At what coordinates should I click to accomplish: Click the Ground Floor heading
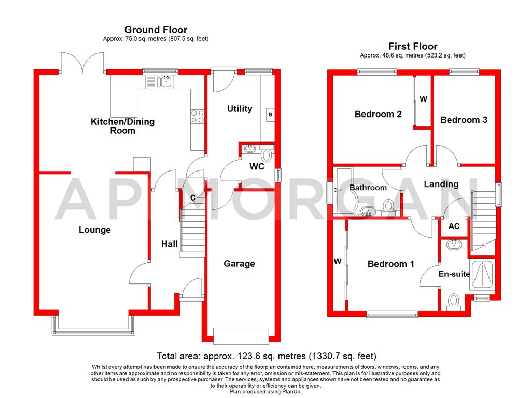pyautogui.click(x=156, y=30)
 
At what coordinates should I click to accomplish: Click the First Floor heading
pyautogui.click(x=413, y=46)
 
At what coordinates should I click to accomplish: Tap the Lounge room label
pyautogui.click(x=94, y=230)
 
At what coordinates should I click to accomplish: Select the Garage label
pyautogui.click(x=239, y=264)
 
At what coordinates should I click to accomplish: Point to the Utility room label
pyautogui.click(x=240, y=108)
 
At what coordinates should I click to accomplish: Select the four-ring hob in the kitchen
pyautogui.click(x=197, y=116)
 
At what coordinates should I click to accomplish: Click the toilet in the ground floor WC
pyautogui.click(x=267, y=154)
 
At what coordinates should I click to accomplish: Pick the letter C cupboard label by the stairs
pyautogui.click(x=193, y=197)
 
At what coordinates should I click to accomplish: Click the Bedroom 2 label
pyautogui.click(x=378, y=114)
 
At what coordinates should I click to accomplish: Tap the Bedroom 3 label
pyautogui.click(x=464, y=120)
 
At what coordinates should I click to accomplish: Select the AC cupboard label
pyautogui.click(x=454, y=226)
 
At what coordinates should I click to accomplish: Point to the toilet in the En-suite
pyautogui.click(x=454, y=301)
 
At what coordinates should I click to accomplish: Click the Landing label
pyautogui.click(x=441, y=184)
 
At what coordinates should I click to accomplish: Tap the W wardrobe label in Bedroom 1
pyautogui.click(x=337, y=262)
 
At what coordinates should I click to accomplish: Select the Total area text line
pyautogui.click(x=266, y=356)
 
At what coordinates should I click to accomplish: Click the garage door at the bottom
pyautogui.click(x=241, y=335)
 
